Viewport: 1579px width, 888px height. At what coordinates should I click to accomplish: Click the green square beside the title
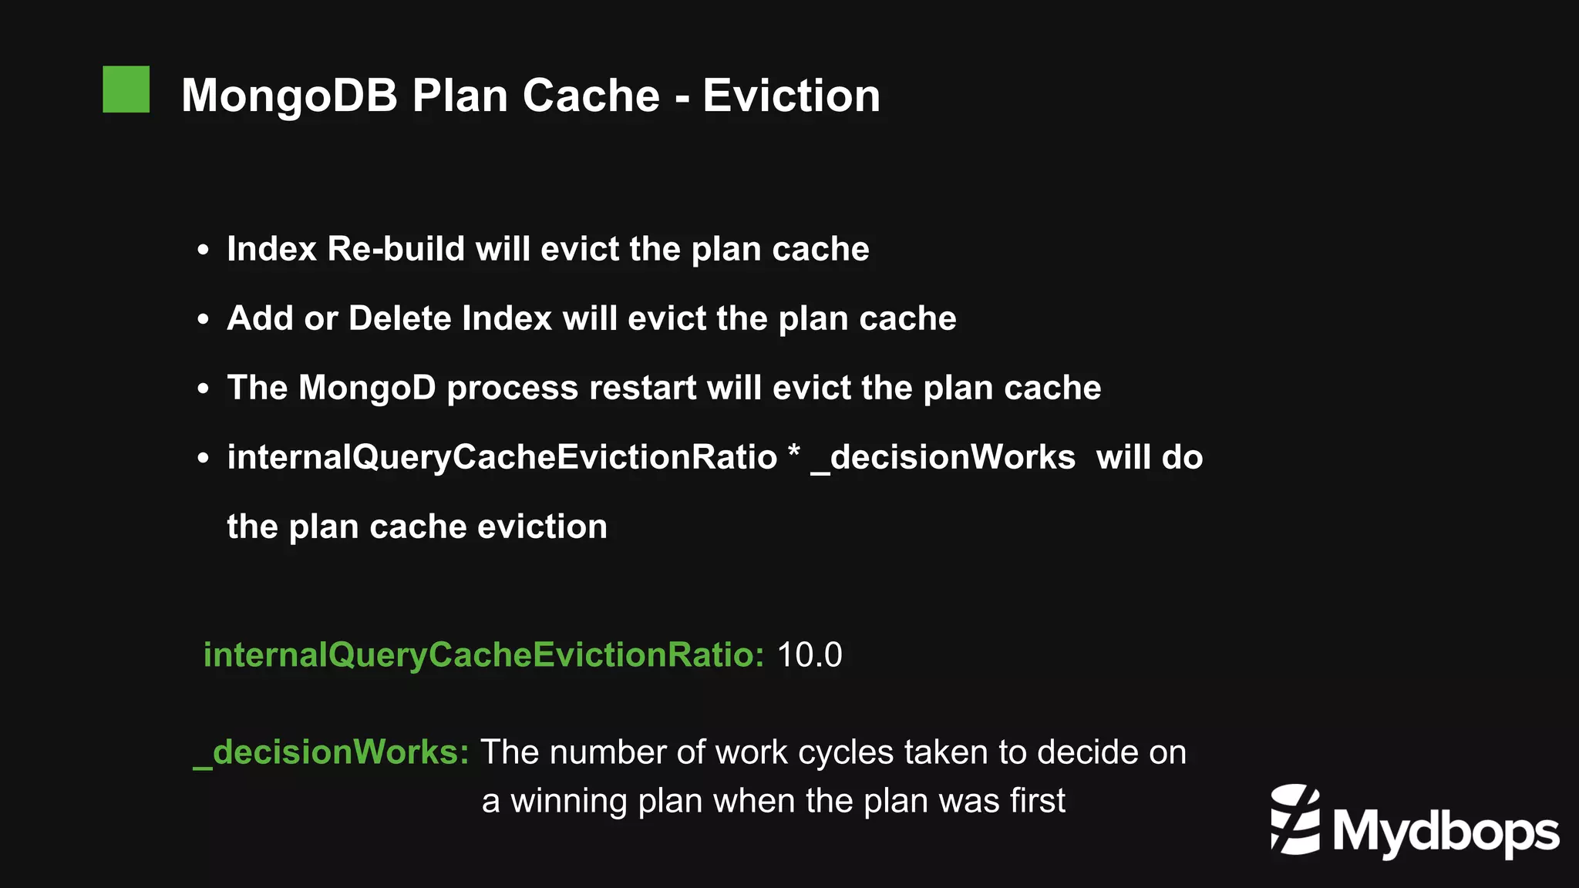pyautogui.click(x=126, y=89)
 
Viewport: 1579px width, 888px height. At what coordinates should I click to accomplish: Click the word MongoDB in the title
pyautogui.click(x=289, y=96)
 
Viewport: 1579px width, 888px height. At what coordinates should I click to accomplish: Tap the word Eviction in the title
pyautogui.click(x=791, y=96)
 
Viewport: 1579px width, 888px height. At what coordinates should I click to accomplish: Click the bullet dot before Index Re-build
pyautogui.click(x=203, y=251)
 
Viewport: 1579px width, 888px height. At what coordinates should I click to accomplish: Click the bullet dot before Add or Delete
pyautogui.click(x=203, y=320)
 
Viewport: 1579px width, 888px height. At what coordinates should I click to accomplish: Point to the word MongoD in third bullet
pyautogui.click(x=367, y=388)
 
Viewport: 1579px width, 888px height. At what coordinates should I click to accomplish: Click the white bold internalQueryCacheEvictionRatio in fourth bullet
pyautogui.click(x=502, y=457)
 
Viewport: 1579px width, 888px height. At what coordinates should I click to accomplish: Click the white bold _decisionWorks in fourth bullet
pyautogui.click(x=942, y=457)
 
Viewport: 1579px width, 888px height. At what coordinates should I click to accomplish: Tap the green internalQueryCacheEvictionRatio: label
pyautogui.click(x=483, y=655)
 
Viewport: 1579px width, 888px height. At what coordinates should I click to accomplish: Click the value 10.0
pyautogui.click(x=809, y=655)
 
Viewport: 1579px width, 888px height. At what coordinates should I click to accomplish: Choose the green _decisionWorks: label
pyautogui.click(x=331, y=752)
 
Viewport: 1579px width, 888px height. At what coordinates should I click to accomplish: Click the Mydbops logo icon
pyautogui.click(x=1295, y=819)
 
